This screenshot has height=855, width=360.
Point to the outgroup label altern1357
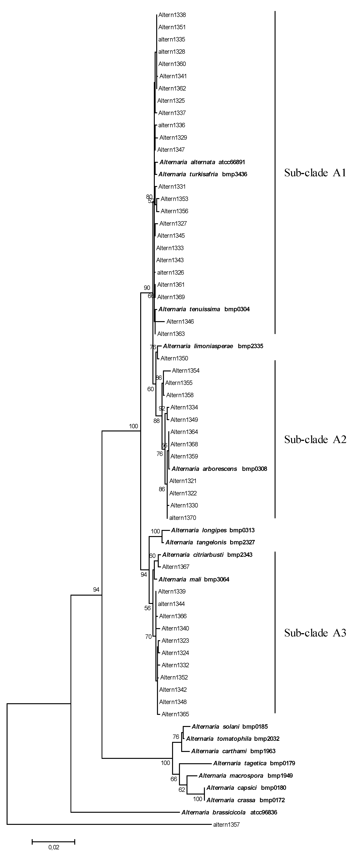tap(226, 825)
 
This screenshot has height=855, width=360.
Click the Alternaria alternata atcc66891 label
tap(202, 162)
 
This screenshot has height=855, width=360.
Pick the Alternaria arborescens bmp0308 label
tap(219, 469)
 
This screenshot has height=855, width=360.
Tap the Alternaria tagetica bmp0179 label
tap(254, 763)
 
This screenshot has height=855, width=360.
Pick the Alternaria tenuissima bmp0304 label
tap(204, 309)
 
